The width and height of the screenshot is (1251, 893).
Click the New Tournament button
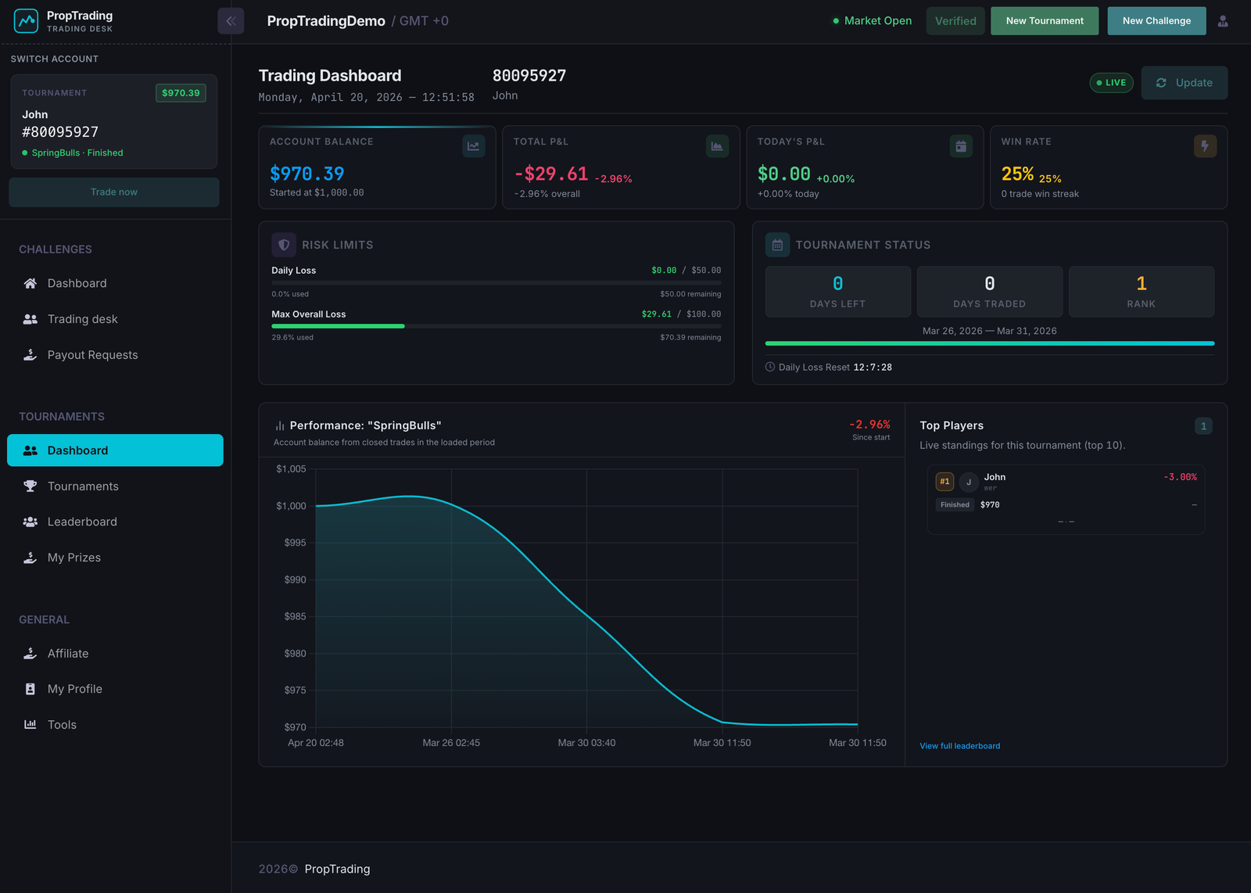[1044, 21]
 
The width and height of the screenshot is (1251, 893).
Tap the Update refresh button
[1184, 83]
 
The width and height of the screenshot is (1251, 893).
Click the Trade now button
[114, 192]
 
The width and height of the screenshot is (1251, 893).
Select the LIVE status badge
[1111, 83]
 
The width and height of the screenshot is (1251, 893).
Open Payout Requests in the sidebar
[92, 355]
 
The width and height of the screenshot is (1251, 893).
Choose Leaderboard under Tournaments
[82, 522]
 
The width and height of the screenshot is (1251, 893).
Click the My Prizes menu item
[74, 558]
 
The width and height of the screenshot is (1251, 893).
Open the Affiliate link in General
[68, 654]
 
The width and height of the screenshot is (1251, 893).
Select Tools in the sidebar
[62, 725]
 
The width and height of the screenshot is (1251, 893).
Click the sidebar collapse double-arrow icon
[231, 21]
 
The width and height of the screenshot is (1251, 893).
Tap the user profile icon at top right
[1223, 21]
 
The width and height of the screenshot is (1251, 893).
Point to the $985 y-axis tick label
[295, 617]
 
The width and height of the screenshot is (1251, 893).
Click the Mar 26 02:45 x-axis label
[451, 743]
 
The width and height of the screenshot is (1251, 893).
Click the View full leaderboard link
[959, 746]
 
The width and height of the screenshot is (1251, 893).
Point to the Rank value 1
[1141, 284]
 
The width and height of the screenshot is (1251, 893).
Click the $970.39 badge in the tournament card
[181, 93]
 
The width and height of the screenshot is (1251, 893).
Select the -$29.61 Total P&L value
[551, 174]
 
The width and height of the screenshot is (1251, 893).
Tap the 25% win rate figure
[1017, 174]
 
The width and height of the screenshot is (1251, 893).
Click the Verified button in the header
[955, 21]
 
